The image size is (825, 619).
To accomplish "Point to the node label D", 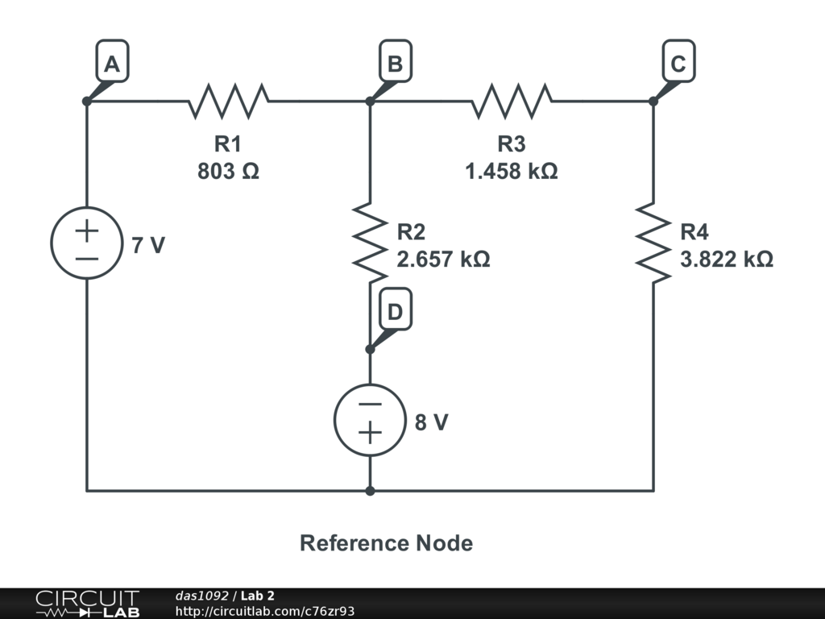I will (395, 312).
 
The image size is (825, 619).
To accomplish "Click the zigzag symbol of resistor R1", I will (229, 102).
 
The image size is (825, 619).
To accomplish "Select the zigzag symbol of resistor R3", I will (512, 102).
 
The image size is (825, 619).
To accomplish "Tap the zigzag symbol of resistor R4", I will (653, 242).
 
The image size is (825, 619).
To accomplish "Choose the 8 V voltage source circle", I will (370, 420).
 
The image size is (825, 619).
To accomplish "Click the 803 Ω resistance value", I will (228, 171).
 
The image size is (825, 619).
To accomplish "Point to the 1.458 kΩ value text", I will (512, 171).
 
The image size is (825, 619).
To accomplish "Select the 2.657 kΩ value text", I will (443, 260).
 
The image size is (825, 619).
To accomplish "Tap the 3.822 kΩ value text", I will (727, 260).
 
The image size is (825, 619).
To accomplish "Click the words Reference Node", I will (386, 543).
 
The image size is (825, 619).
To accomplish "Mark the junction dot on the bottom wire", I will (370, 490).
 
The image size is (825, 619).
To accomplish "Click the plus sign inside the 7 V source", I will (87, 230).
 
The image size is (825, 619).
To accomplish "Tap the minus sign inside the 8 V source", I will (370, 405).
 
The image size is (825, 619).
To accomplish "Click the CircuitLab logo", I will (86, 604).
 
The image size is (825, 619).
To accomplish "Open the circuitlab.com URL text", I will (265, 611).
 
